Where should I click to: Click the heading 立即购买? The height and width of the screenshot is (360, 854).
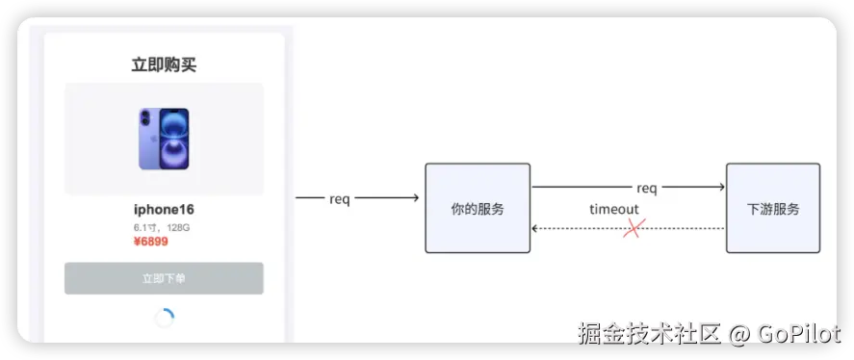(x=164, y=64)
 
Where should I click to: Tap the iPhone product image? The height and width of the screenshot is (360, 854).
(x=164, y=139)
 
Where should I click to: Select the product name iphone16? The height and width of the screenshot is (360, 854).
(x=164, y=209)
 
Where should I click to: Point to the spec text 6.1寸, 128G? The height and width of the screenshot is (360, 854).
(x=162, y=228)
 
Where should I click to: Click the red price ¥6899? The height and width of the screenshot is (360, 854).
(x=151, y=242)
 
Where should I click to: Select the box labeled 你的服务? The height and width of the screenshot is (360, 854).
(x=478, y=208)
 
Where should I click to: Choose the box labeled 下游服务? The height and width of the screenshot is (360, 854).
(x=773, y=208)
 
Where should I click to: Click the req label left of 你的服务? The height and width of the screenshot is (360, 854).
(x=339, y=199)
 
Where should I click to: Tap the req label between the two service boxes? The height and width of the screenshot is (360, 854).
(x=646, y=189)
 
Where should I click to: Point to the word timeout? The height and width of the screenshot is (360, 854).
(x=614, y=209)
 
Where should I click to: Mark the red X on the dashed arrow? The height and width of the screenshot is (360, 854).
(x=634, y=228)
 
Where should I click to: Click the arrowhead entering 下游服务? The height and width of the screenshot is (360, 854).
(x=722, y=187)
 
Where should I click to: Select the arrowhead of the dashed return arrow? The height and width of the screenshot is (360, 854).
(x=535, y=229)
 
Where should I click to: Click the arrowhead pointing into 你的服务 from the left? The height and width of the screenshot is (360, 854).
(x=416, y=197)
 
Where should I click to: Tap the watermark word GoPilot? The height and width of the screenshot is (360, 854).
(x=798, y=333)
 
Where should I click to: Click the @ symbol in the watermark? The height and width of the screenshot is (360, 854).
(x=739, y=334)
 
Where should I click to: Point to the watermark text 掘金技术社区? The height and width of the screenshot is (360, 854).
(x=650, y=333)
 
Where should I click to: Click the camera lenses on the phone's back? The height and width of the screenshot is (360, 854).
(x=144, y=117)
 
